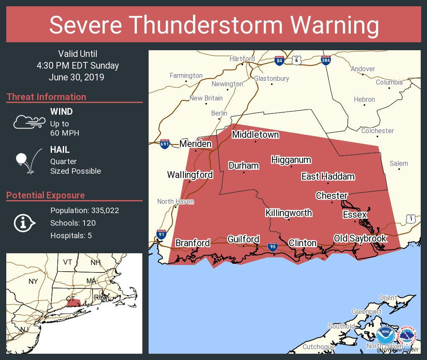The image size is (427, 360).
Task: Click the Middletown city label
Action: pos(255,135)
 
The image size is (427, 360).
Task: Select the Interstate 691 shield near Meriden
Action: pos(165,144)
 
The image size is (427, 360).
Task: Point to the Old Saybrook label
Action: pos(360,239)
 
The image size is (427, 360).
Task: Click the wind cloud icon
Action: pos(29,122)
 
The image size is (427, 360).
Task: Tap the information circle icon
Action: pos(24,223)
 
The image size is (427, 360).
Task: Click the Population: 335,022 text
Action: pos(85,210)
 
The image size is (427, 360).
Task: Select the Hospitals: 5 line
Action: pos(71,235)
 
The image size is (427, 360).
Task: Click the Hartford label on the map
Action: pos(242,59)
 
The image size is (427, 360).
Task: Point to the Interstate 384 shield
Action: pos(326,60)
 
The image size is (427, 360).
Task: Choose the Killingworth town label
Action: pos(288,213)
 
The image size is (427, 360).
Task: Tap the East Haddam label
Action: pos(328,177)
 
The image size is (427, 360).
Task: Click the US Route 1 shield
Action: pos(411,219)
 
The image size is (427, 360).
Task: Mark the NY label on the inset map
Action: pos(33,281)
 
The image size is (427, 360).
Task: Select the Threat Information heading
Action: pos(46,97)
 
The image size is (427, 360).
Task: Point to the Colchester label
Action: pos(377,131)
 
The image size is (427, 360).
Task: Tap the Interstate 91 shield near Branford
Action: pos(161,234)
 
